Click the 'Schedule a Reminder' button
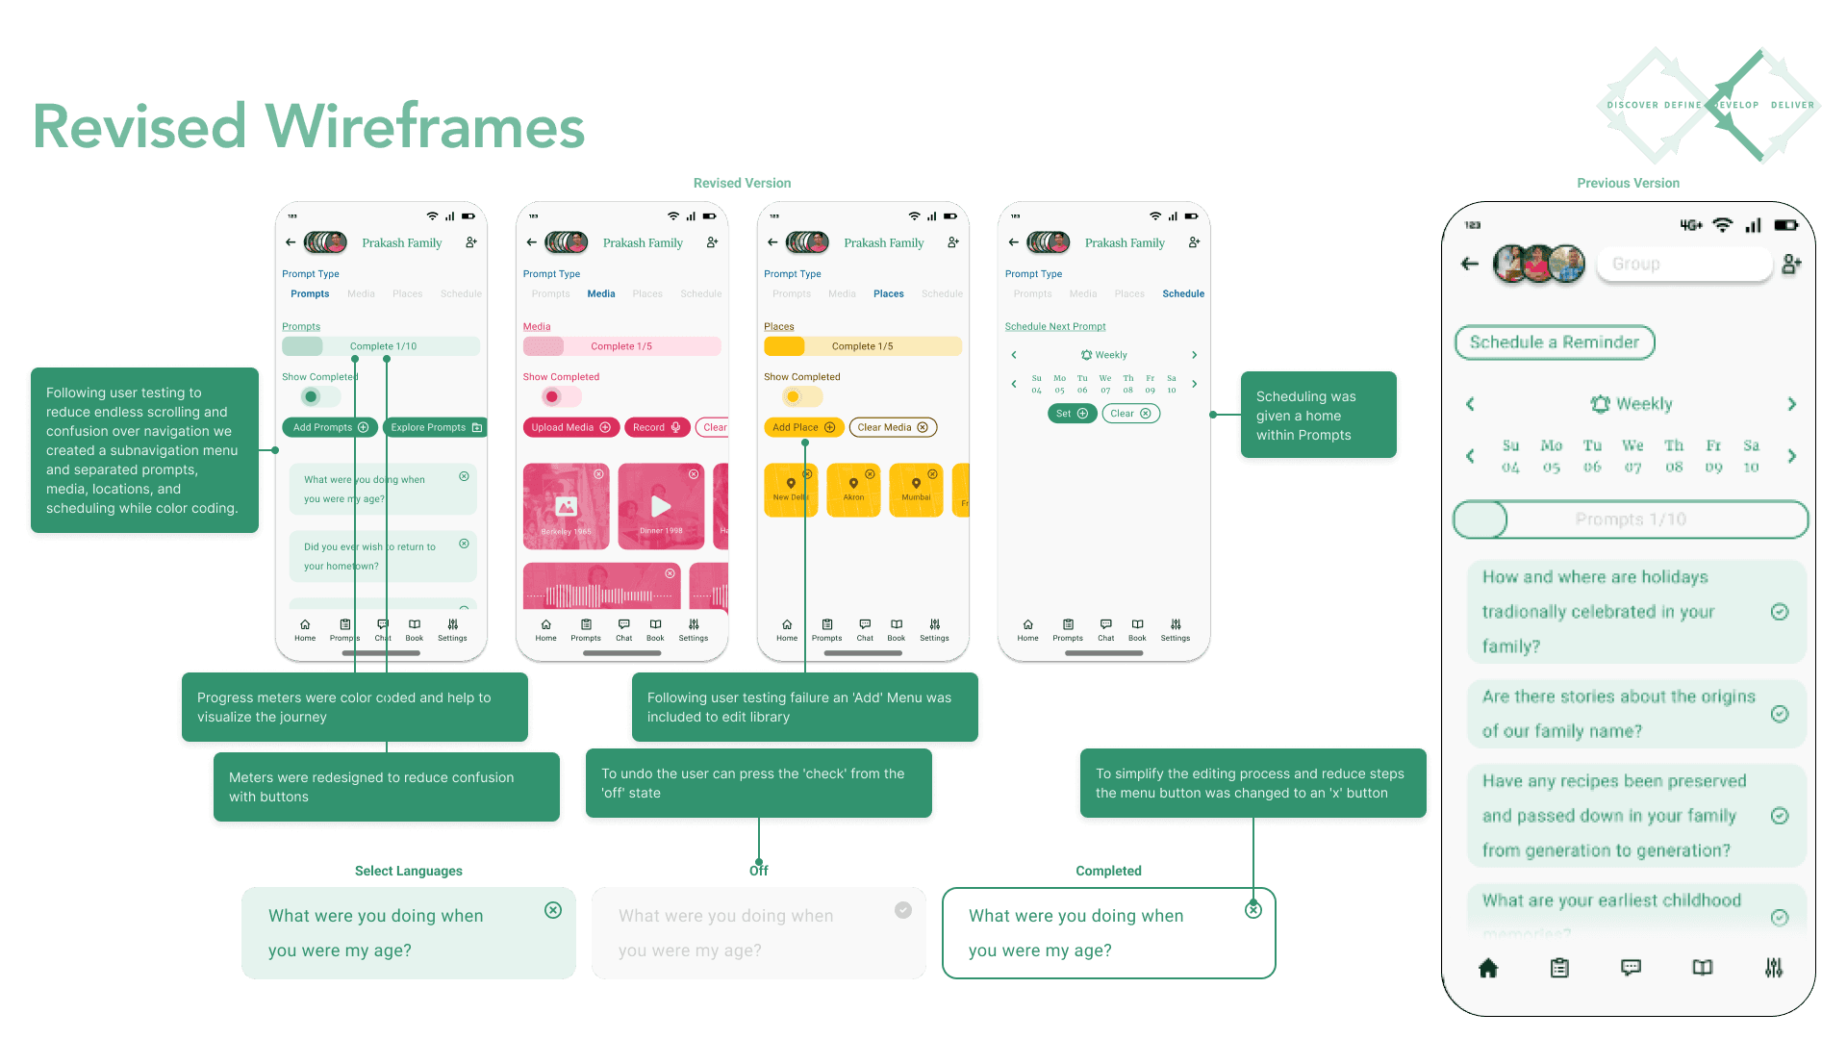[x=1554, y=342]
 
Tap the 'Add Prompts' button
[x=330, y=427]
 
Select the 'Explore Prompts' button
[x=435, y=427]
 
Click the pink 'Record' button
[x=656, y=427]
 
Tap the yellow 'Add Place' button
[x=803, y=427]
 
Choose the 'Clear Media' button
[x=892, y=427]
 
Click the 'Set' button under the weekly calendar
[x=1071, y=414]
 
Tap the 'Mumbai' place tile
[x=916, y=490]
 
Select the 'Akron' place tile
[x=853, y=490]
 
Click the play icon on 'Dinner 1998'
[x=661, y=506]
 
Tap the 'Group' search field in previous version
[x=1683, y=264]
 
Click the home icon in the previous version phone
[x=1488, y=968]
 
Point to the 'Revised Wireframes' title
[x=309, y=126]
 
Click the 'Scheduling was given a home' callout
[x=1317, y=416]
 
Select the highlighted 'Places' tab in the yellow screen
[x=888, y=293]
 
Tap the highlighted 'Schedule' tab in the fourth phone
[x=1182, y=293]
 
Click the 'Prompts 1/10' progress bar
[x=1630, y=519]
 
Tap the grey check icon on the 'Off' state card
[x=902, y=910]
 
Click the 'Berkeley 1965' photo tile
[x=566, y=506]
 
